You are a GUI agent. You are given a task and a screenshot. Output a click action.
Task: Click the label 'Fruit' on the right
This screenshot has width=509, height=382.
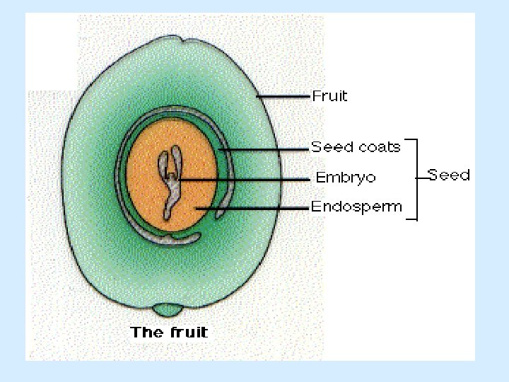point(330,95)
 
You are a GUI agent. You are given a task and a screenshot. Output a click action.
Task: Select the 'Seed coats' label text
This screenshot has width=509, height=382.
point(356,147)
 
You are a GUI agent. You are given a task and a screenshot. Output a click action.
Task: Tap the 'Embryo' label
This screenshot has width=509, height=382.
point(346,178)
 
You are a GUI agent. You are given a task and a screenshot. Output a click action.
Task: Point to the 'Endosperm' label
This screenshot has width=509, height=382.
point(356,207)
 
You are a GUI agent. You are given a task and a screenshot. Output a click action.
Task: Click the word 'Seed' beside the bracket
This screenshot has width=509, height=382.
point(448,175)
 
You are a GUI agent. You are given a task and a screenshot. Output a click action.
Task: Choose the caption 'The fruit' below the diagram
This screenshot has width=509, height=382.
point(169,332)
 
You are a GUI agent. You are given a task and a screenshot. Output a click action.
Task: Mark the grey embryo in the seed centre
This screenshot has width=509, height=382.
point(170,180)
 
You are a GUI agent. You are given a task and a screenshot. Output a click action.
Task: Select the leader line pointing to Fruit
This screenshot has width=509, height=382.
point(283,95)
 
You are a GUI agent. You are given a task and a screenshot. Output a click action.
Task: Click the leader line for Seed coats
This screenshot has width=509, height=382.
point(265,149)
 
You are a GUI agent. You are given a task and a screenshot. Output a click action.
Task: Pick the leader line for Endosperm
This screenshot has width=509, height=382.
point(255,208)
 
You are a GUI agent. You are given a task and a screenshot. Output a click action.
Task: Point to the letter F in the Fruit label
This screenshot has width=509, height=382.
point(316,95)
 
